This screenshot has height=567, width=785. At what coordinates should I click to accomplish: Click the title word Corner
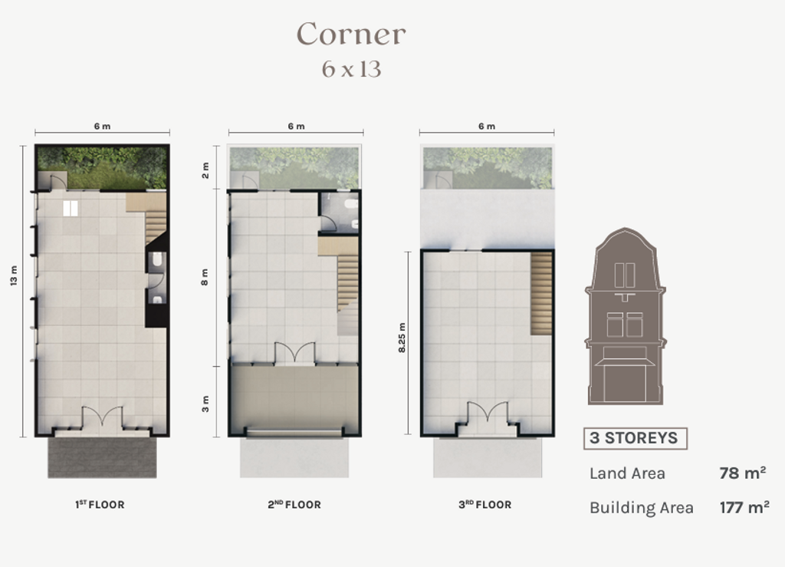tap(351, 34)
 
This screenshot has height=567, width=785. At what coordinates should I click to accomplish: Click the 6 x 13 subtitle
tap(351, 69)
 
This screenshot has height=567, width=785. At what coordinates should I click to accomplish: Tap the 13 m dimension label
tap(14, 276)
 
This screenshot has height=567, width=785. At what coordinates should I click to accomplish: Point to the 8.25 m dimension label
tap(402, 338)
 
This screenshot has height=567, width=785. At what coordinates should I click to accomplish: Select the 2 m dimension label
tap(205, 170)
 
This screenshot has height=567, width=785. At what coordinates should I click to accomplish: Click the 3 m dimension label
tap(205, 404)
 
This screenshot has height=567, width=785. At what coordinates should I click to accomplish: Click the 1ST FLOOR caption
tap(100, 504)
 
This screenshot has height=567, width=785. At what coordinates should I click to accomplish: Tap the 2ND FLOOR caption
tap(294, 504)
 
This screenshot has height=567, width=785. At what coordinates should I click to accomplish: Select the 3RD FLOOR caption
tap(485, 504)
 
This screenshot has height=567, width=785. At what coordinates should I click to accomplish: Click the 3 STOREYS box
tap(635, 438)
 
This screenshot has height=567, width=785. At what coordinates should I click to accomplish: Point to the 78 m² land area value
tap(742, 473)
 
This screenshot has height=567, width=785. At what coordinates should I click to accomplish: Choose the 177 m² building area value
tap(744, 507)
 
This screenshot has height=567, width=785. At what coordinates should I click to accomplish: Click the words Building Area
tap(642, 508)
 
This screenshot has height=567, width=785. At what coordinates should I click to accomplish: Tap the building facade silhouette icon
tap(626, 317)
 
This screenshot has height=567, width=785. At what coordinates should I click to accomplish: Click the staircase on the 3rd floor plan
tap(541, 294)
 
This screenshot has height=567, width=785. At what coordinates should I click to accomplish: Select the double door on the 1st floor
tap(102, 417)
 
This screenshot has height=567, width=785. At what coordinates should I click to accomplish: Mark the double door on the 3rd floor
tap(487, 413)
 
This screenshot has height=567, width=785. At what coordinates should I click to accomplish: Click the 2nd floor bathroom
tap(339, 213)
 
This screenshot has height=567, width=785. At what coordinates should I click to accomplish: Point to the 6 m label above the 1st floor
tap(102, 127)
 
